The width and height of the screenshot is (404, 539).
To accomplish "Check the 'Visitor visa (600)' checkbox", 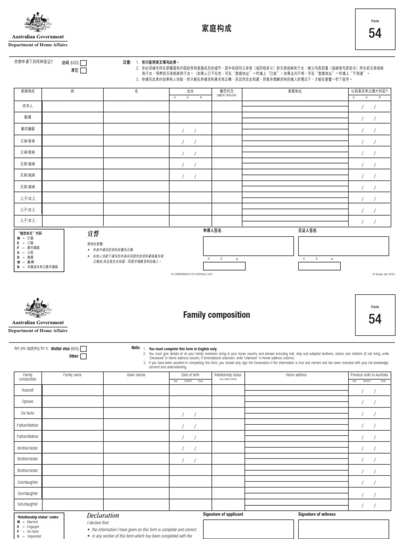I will pos(84,348).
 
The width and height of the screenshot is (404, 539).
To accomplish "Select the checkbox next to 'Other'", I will pos(84,356).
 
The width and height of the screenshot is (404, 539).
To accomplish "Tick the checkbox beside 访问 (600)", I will pos(84,63).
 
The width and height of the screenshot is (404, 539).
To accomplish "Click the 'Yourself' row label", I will pos(27,390).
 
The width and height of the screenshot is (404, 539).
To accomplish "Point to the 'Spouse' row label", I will pos(27,401).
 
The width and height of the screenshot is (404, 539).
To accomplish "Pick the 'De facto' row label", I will pos(27,413).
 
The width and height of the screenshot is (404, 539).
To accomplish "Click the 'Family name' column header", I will pos(72,375).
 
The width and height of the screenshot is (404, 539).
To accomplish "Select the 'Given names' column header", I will pos(136,375).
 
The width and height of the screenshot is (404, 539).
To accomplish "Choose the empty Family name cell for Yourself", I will pos(72,390).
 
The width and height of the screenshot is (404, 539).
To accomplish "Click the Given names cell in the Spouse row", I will pos(136,402).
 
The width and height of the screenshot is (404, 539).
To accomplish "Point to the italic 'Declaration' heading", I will pos(103,515).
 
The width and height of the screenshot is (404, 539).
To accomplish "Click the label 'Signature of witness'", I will pos(317,514).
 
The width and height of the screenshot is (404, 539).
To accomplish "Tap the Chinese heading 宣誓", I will pos(93,233).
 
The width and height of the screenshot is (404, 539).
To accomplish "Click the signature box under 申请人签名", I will pos(248,246).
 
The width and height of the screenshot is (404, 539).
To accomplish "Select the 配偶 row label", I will pos(27,117).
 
